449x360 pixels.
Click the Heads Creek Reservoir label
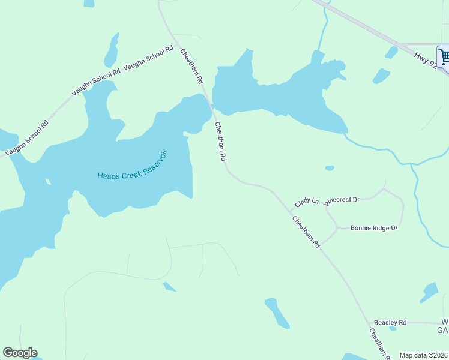click(x=133, y=167)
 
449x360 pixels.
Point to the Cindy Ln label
click(x=306, y=202)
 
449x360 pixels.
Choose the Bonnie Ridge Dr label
click(x=374, y=228)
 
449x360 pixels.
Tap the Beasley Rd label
click(x=390, y=322)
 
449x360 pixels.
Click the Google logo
click(x=20, y=353)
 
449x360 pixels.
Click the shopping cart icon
click(x=444, y=57)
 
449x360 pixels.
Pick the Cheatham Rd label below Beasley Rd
click(x=378, y=344)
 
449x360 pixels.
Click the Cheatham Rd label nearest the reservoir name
click(x=220, y=142)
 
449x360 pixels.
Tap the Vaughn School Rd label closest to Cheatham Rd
click(x=149, y=58)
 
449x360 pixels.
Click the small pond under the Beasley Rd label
click(x=393, y=329)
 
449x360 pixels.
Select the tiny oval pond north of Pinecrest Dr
click(x=329, y=168)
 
